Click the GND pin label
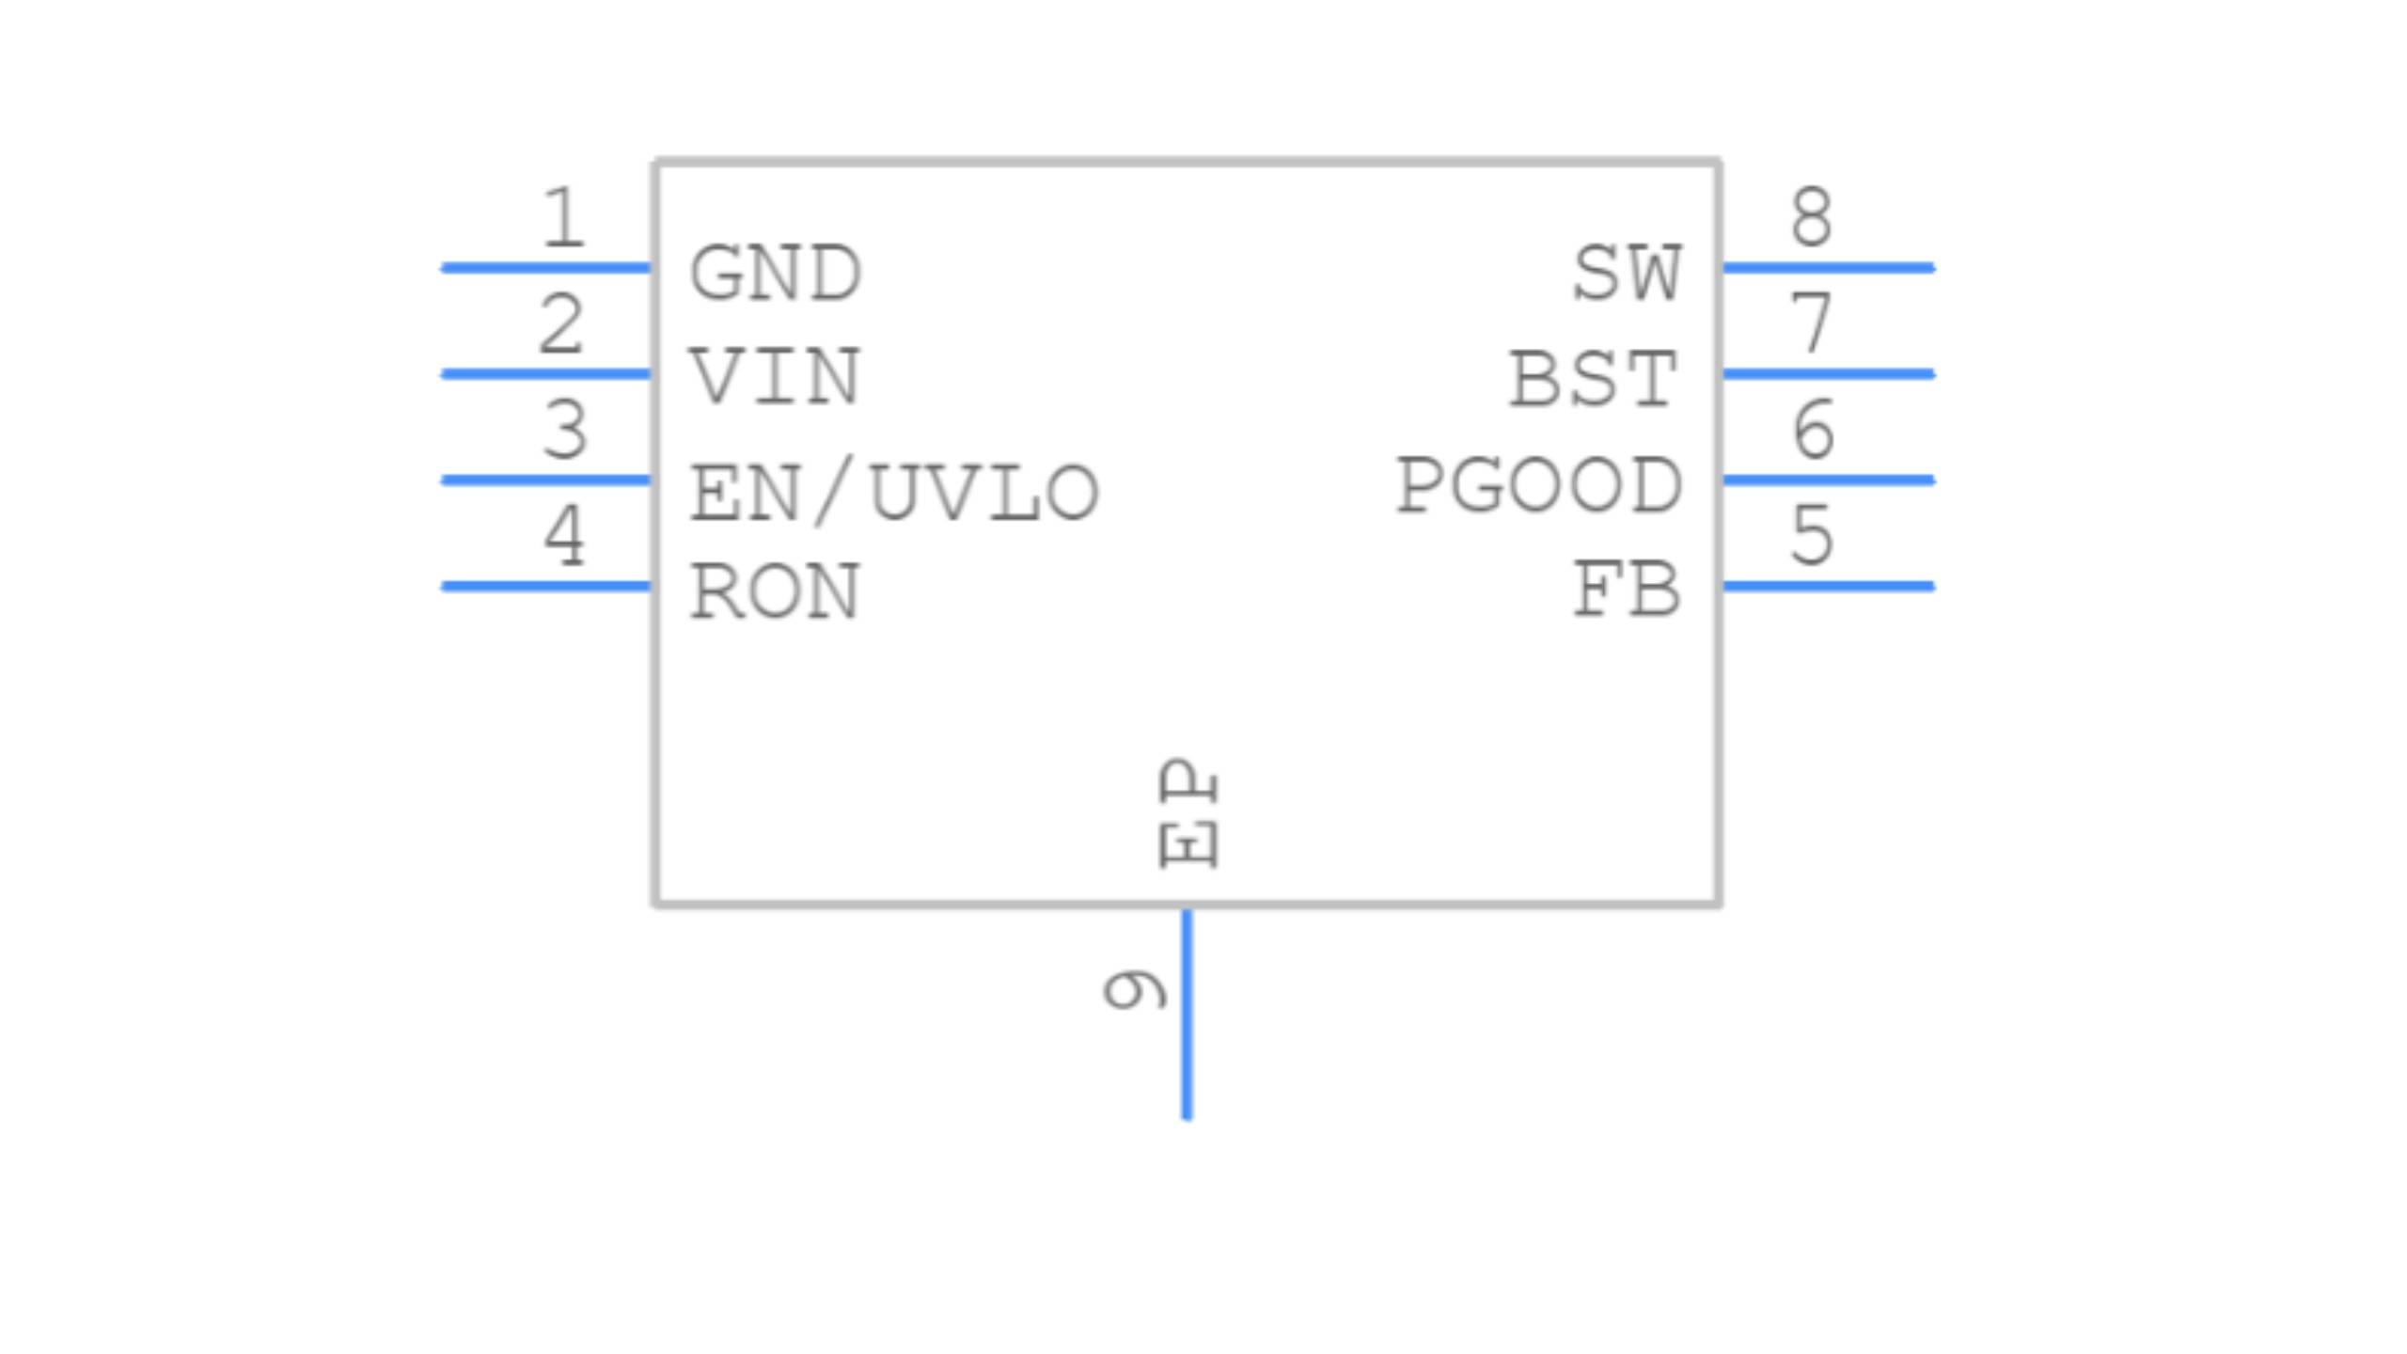point(776,274)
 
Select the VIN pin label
point(776,377)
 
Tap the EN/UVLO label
point(894,492)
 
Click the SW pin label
point(1628,274)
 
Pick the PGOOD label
point(1539,486)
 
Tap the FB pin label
point(1628,590)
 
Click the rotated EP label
point(1188,813)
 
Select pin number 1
point(563,218)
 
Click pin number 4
point(565,535)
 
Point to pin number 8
point(1812,217)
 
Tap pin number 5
point(1812,535)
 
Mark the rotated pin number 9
point(1136,989)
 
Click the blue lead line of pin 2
point(545,374)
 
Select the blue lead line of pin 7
point(1828,374)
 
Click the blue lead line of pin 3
point(545,480)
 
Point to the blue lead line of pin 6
point(1828,480)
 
